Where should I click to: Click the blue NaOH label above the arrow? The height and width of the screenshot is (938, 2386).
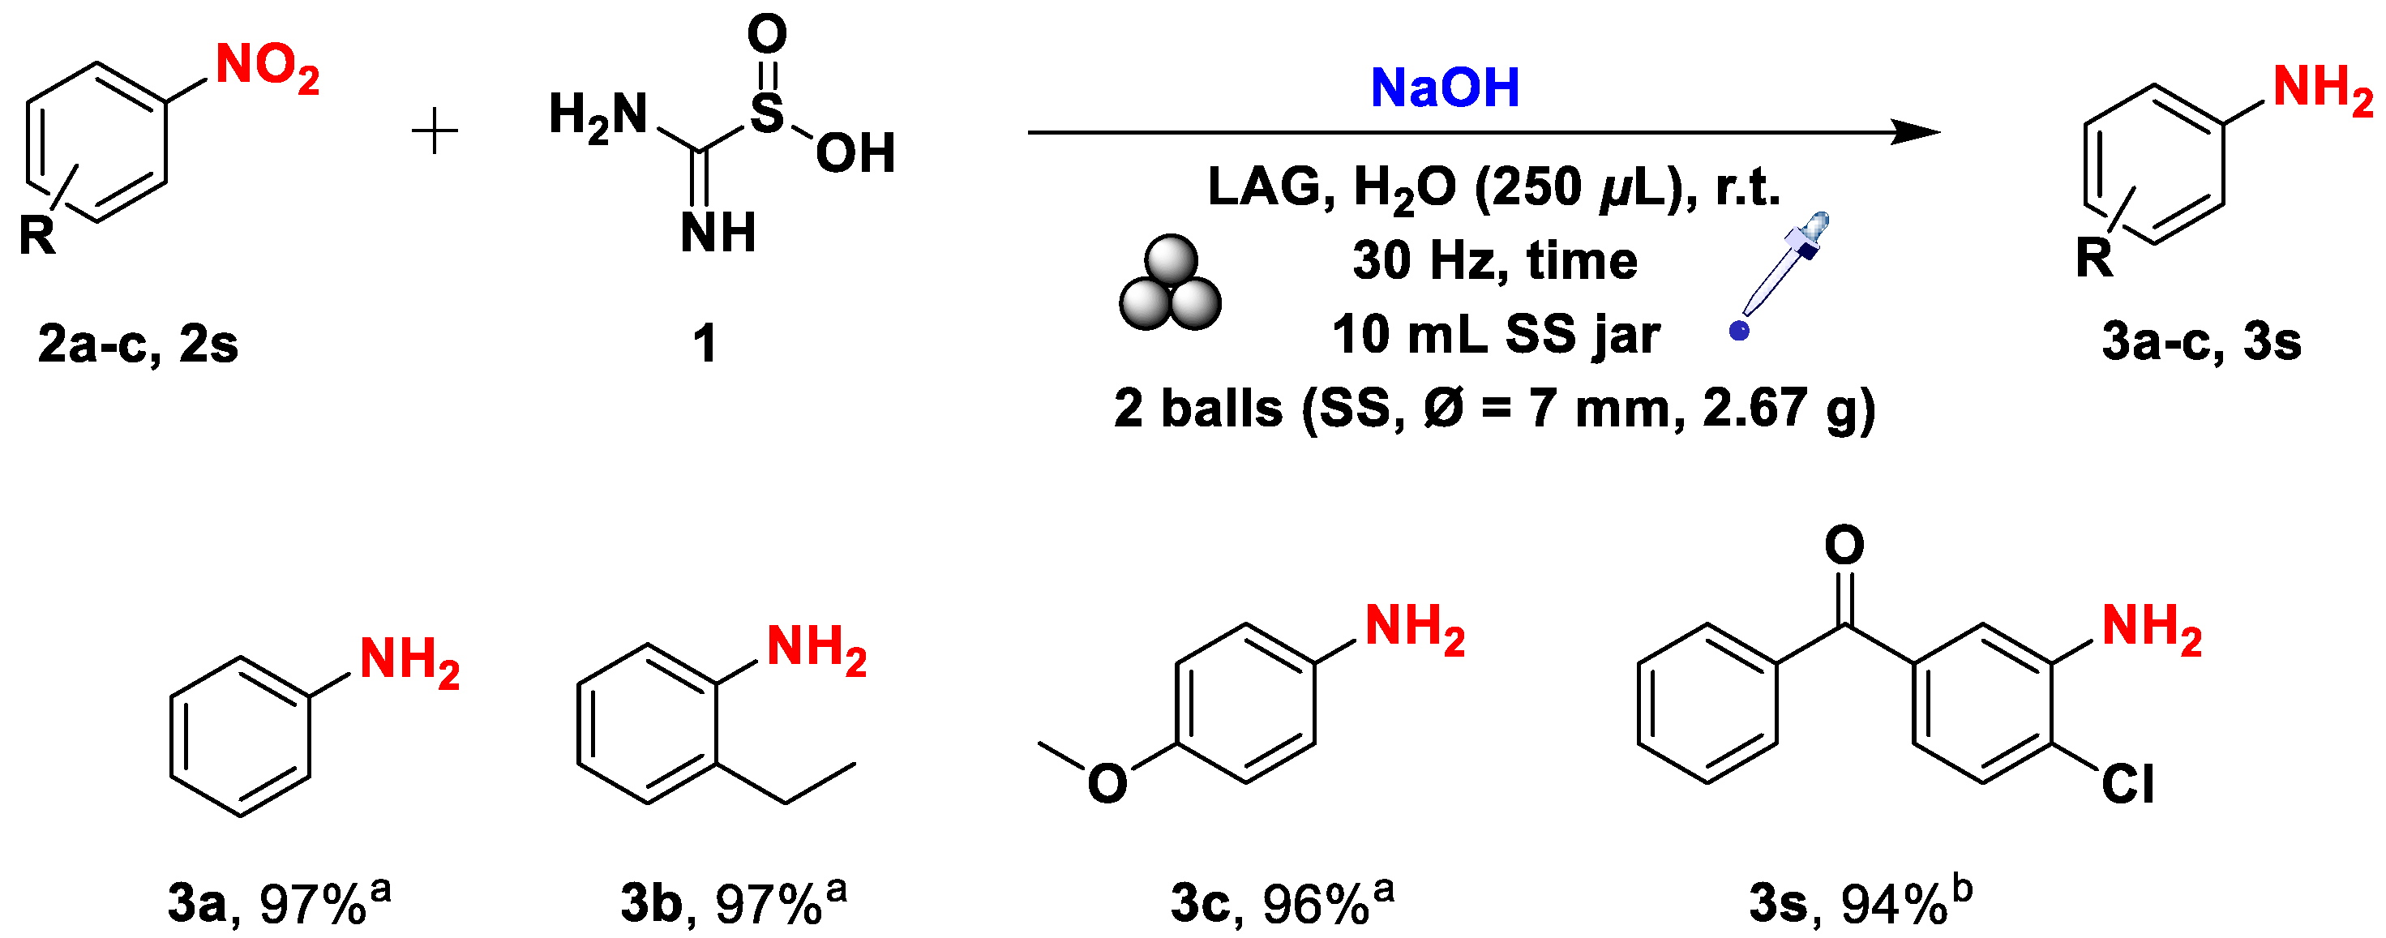click(1444, 88)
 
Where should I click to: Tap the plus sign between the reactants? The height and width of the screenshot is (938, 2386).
click(435, 131)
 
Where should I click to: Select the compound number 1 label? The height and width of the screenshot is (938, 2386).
click(705, 344)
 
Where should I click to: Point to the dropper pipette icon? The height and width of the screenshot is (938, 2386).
click(1782, 273)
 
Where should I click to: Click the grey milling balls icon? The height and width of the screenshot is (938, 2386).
click(1170, 285)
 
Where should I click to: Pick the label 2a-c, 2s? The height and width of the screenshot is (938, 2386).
click(138, 344)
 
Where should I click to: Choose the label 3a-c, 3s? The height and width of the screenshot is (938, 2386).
click(2201, 341)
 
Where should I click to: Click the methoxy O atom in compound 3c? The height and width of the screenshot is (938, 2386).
click(1107, 783)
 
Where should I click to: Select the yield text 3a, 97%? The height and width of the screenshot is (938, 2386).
click(278, 903)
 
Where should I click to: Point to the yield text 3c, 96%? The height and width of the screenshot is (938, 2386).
click(1281, 903)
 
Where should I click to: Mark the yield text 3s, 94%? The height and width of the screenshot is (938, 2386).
click(1860, 903)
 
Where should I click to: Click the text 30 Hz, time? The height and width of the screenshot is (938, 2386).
click(1495, 260)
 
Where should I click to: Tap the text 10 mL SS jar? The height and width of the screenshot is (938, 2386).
click(1495, 334)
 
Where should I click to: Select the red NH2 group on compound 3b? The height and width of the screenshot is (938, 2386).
click(816, 649)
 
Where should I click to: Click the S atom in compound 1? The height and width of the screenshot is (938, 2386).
click(767, 114)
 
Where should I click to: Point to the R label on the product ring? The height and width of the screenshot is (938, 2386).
click(2094, 259)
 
